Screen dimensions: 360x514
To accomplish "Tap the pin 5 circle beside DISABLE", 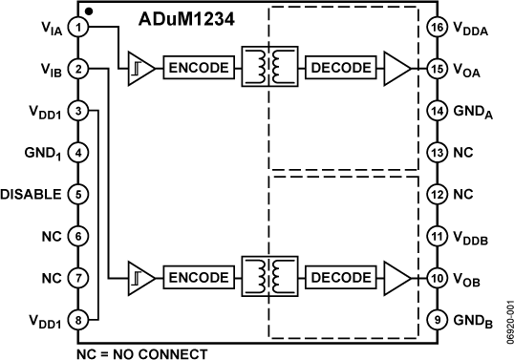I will click(80, 194).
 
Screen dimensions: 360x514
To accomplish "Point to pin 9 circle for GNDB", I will click(437, 321).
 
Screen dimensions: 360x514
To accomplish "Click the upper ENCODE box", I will click(197, 68).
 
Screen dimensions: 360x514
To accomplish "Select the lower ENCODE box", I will click(197, 278).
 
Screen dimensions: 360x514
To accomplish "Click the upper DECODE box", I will click(338, 68).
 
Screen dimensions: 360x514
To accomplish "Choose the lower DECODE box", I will click(338, 278).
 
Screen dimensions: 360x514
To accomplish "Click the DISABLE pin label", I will click(32, 195).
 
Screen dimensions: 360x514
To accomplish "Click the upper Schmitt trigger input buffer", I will click(139, 68).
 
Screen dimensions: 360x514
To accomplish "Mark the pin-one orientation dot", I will click(89, 11).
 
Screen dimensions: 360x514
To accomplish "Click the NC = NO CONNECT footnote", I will click(140, 353).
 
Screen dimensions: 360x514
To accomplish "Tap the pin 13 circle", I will click(437, 152).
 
